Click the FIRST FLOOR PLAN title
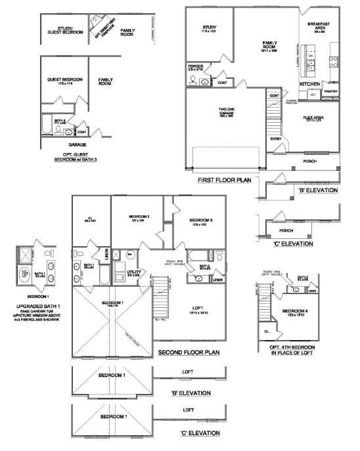223,179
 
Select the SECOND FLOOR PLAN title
189,353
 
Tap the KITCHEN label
310,85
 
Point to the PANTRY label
330,91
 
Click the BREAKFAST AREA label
319,26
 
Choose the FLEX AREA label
316,118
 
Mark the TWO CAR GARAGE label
226,113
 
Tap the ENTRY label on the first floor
276,139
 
